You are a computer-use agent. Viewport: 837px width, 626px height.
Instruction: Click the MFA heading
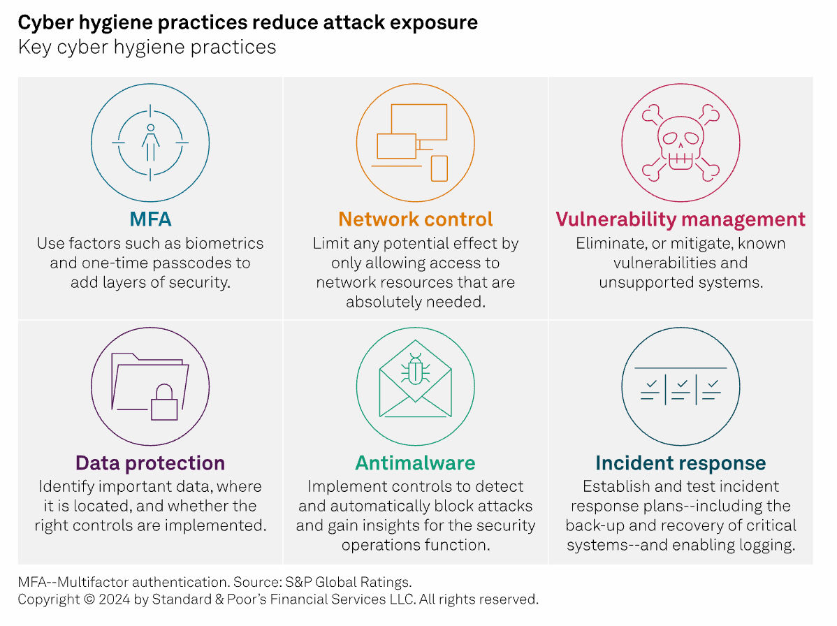[x=150, y=219]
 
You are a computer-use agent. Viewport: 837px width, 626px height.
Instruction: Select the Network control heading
[x=416, y=219]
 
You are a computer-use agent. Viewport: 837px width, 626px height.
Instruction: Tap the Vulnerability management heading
[x=680, y=219]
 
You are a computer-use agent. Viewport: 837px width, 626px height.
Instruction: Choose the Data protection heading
[x=150, y=463]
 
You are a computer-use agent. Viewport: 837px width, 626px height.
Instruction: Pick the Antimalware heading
[x=415, y=463]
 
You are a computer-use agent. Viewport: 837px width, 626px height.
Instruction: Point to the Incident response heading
[x=680, y=463]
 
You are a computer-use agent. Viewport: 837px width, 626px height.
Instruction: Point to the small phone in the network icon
[x=439, y=168]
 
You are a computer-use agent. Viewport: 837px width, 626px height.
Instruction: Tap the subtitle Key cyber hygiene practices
[x=147, y=48]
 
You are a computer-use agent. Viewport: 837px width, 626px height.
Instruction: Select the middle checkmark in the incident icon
[x=683, y=384]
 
